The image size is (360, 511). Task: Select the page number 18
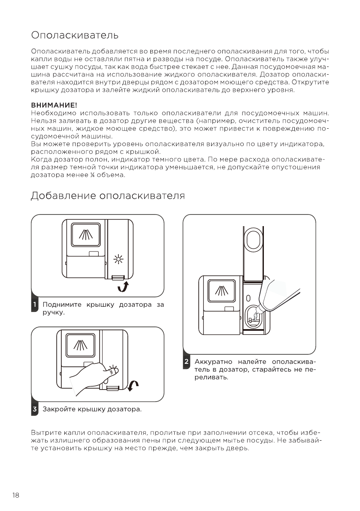[16, 496]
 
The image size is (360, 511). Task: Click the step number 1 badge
[34, 305]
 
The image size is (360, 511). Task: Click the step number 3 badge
[34, 409]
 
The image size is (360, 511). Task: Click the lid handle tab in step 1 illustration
[116, 278]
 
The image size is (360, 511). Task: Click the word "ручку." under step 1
[53, 313]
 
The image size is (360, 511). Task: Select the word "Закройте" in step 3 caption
[59, 409]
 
